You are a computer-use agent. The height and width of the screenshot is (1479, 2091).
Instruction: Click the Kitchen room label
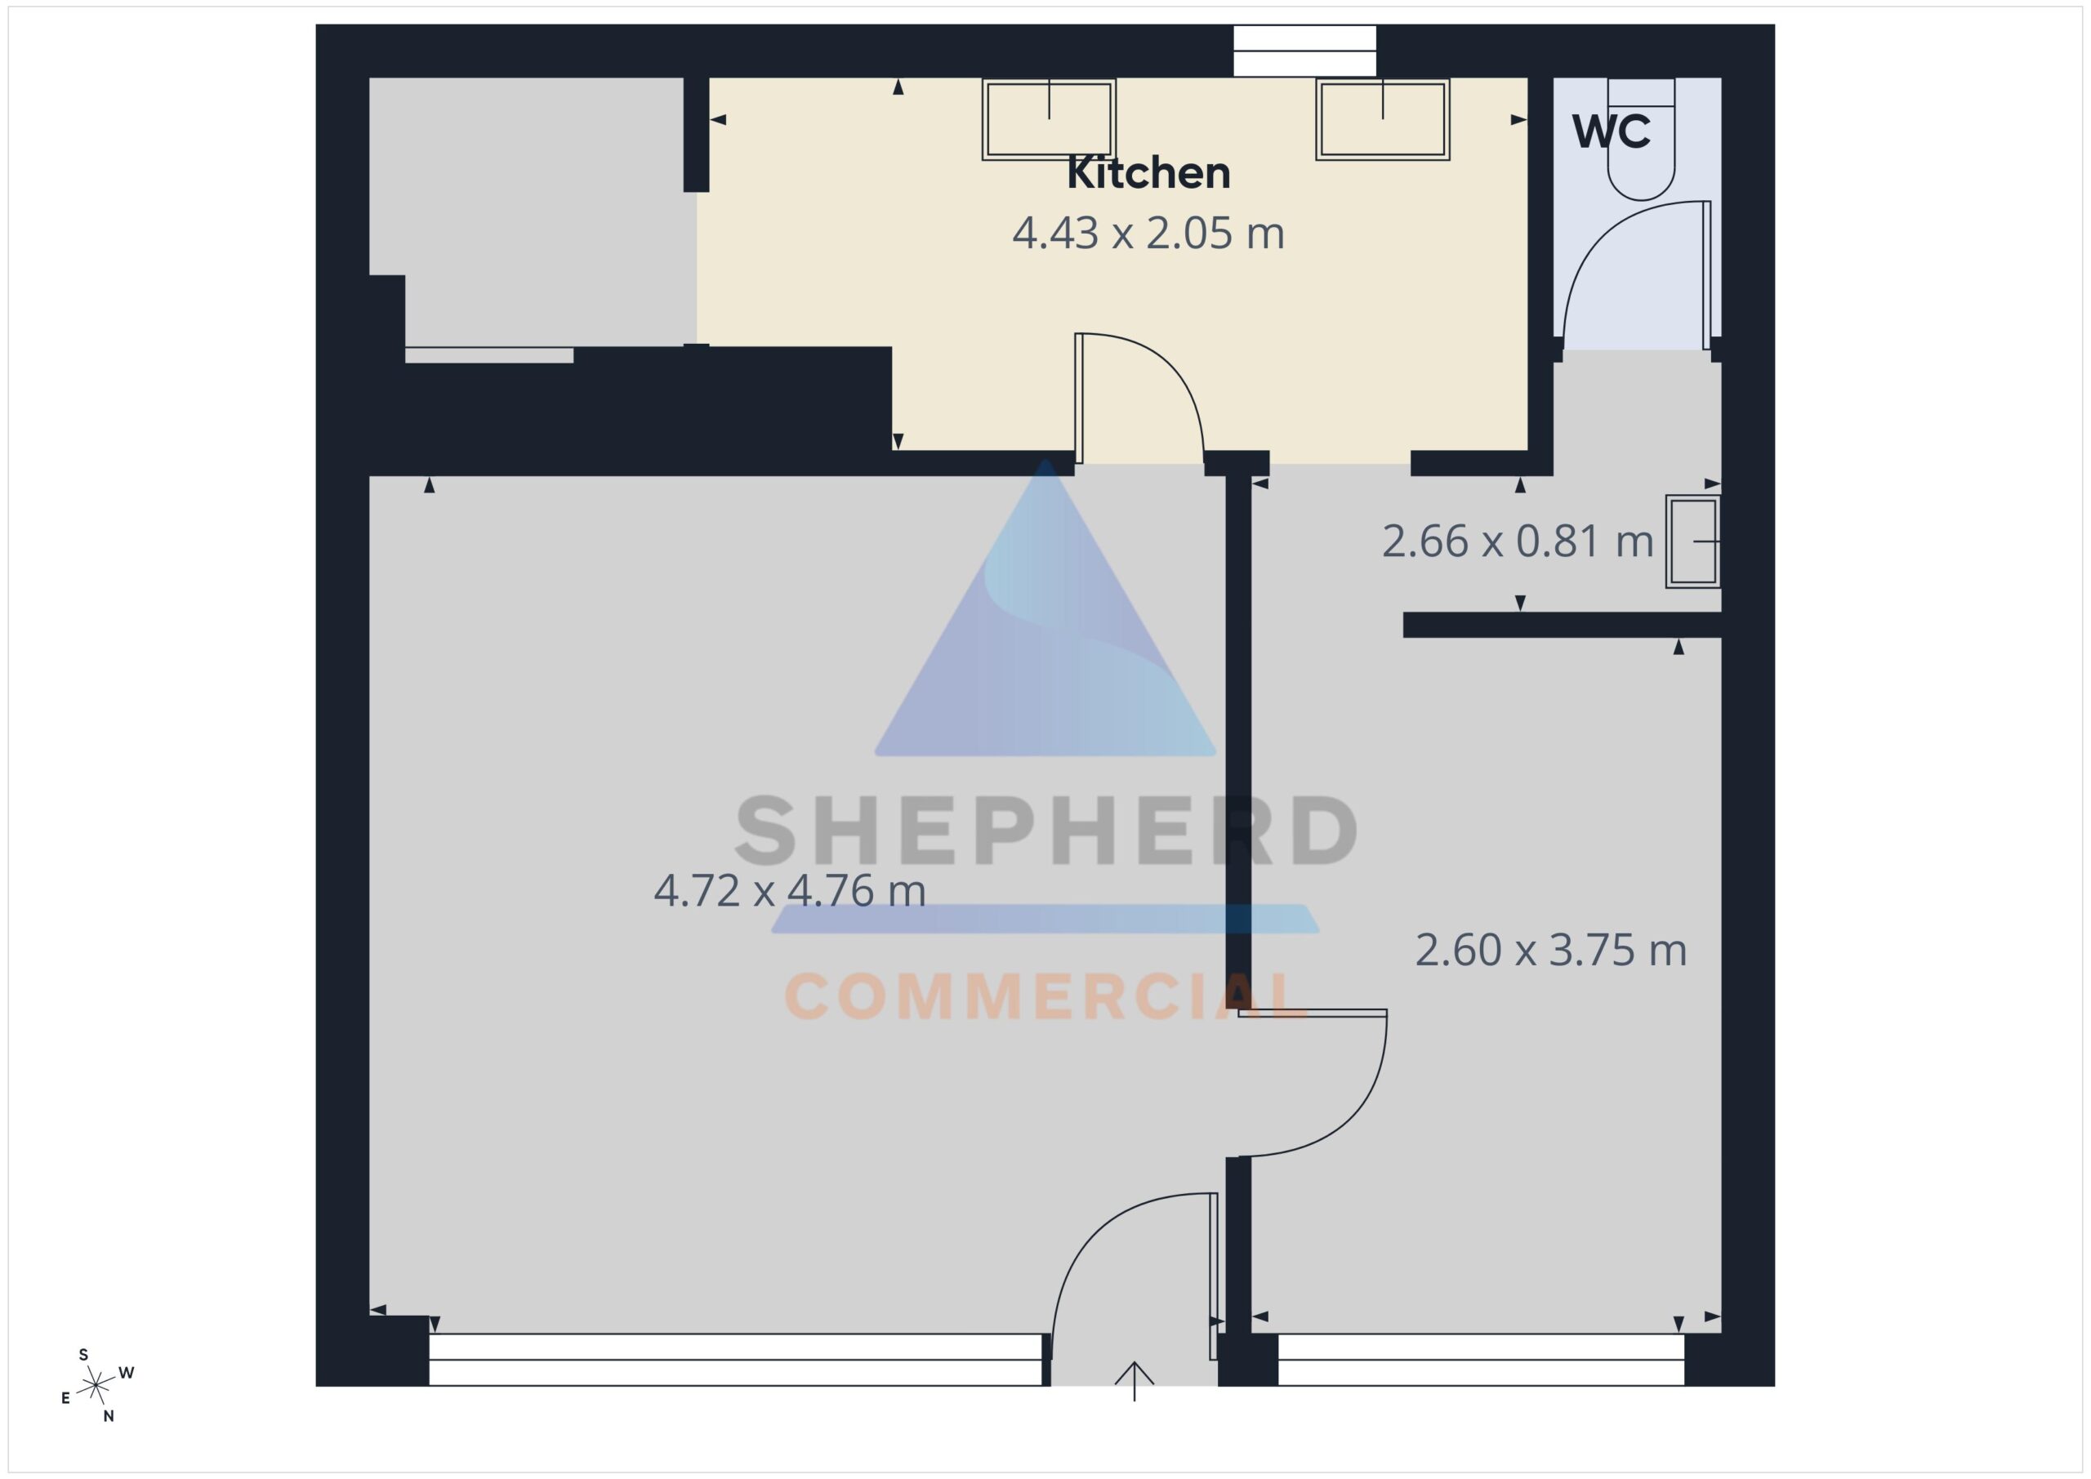[1148, 173]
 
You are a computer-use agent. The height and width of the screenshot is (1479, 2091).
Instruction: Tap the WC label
[1611, 132]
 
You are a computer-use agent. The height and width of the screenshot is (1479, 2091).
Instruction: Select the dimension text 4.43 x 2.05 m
[1148, 233]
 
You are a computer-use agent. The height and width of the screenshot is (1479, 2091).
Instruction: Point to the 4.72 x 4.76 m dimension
[790, 891]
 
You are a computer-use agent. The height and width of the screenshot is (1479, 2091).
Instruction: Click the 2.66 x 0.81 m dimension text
[1518, 542]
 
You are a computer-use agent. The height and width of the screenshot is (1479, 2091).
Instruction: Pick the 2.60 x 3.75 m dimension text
[1551, 951]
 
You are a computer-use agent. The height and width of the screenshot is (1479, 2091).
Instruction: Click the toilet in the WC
[1641, 140]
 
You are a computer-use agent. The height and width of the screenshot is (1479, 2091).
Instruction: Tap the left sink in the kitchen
[1049, 119]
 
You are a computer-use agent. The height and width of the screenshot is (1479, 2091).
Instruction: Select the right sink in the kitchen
[1383, 119]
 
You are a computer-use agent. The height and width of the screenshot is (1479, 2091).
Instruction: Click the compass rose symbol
[96, 1385]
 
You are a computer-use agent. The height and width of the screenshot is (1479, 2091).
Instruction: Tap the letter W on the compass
[127, 1373]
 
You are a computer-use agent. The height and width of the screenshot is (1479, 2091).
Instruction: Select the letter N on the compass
[109, 1416]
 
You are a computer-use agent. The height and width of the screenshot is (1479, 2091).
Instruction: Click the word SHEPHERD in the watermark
[1046, 830]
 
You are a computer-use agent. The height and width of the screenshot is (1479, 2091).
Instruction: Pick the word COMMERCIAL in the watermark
[1046, 996]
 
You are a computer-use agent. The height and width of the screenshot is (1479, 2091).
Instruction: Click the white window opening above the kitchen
[1304, 51]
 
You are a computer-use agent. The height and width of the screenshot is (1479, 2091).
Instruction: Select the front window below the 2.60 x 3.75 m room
[1481, 1360]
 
